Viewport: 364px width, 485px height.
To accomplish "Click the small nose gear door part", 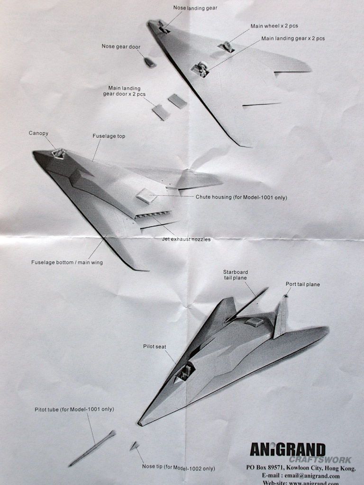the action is (x=150, y=62).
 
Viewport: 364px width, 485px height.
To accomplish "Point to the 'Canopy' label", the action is (x=38, y=133).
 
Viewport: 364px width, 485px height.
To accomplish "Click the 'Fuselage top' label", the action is (x=109, y=136).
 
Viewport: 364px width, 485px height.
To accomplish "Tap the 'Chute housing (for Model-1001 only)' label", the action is (x=241, y=197).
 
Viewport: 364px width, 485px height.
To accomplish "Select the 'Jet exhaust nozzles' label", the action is (x=186, y=239).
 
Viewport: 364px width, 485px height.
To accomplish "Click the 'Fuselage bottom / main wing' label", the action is (x=67, y=262).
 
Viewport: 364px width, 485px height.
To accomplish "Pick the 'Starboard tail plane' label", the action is (x=236, y=275).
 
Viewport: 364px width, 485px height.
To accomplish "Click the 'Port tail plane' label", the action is (x=302, y=284).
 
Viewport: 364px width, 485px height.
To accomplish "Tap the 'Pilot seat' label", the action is (x=155, y=347).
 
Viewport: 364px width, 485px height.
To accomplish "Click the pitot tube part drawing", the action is (x=92, y=448).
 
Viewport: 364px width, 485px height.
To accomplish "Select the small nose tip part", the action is (x=134, y=445).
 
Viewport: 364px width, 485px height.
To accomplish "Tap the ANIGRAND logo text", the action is (x=288, y=449).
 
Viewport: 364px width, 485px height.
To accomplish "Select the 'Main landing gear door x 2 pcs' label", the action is (x=124, y=91).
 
